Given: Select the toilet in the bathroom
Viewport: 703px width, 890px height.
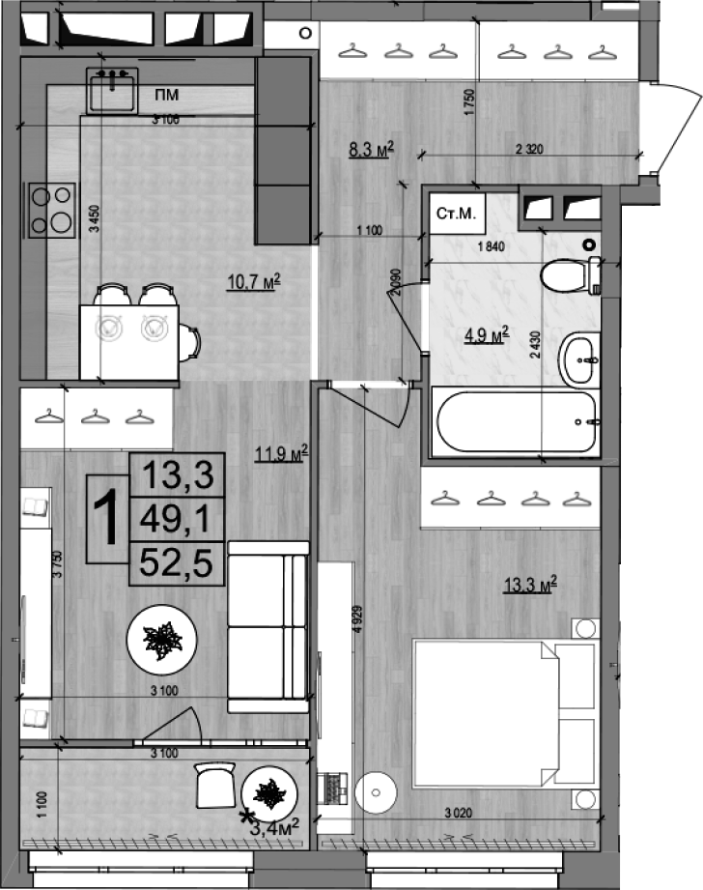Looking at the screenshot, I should click(x=569, y=278).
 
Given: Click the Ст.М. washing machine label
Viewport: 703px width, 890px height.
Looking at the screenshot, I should click(x=456, y=215).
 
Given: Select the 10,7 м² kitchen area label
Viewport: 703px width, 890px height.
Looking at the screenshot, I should click(x=253, y=282).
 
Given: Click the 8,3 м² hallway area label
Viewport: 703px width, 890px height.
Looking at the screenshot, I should click(x=371, y=149).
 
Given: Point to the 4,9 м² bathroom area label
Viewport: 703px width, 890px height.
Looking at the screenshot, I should click(x=487, y=335).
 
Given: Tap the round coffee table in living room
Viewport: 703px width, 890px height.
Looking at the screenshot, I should click(x=163, y=639).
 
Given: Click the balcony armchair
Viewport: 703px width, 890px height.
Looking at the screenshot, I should click(x=214, y=786).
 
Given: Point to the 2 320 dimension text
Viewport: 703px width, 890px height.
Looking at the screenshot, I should click(x=530, y=149).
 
